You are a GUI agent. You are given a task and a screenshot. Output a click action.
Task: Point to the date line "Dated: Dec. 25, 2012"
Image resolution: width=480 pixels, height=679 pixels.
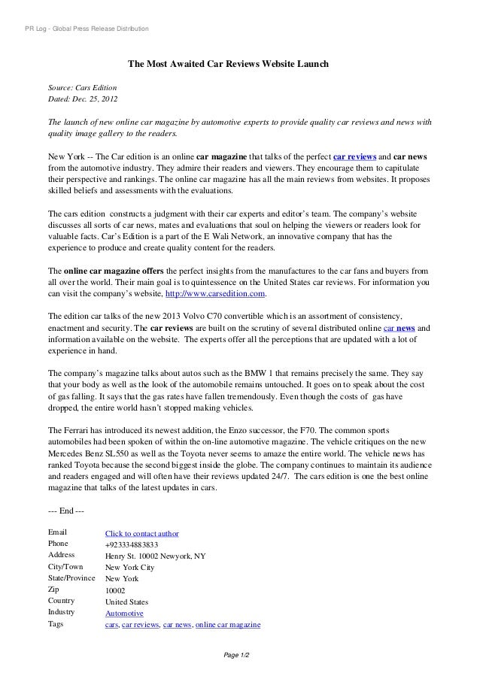[x=83, y=100]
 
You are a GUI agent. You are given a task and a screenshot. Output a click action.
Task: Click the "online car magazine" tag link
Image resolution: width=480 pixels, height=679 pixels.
[x=227, y=625]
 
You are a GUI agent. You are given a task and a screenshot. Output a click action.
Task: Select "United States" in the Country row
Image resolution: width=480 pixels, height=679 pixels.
[x=126, y=602]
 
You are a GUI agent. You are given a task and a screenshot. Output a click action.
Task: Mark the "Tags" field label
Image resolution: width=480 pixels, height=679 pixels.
[x=56, y=625]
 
